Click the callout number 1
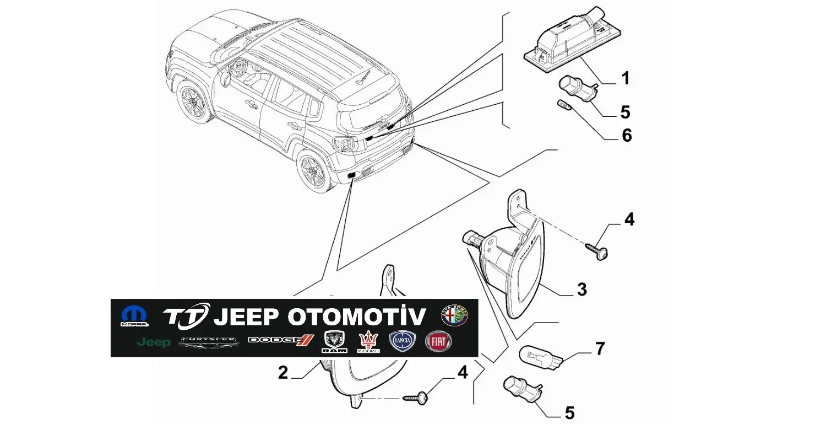[625, 78]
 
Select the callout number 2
[282, 373]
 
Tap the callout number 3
[582, 289]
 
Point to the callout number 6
[627, 135]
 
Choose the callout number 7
[600, 348]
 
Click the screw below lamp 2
[416, 397]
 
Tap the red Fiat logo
[439, 342]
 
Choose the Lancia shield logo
[403, 342]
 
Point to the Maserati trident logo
[367, 342]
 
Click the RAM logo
[335, 342]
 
